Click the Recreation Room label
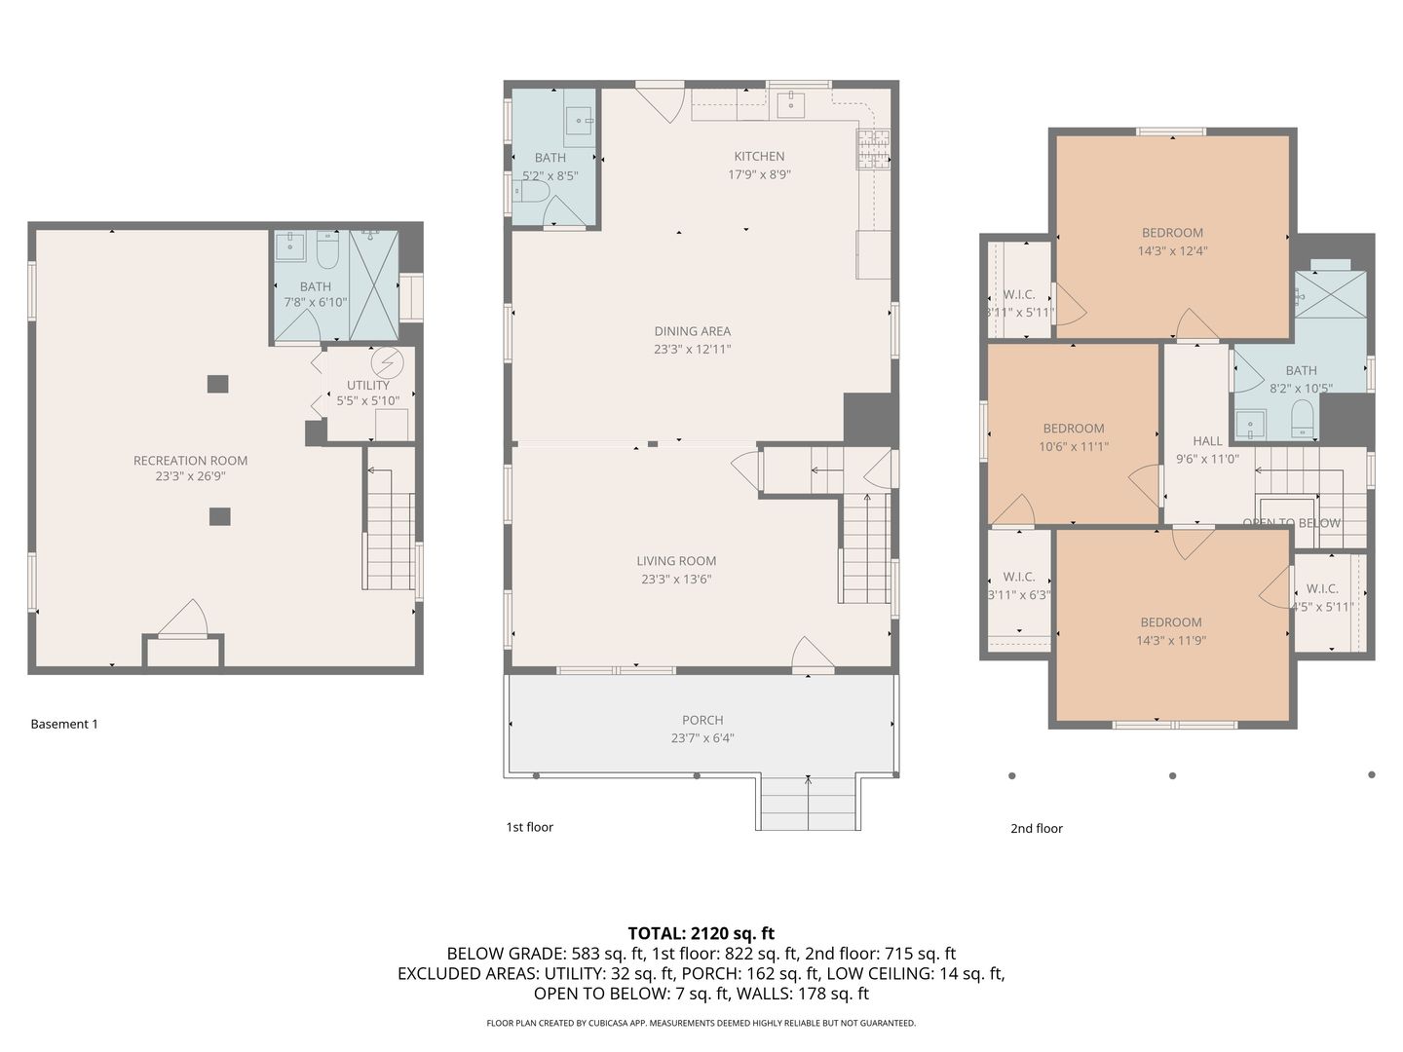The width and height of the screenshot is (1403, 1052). [x=190, y=461]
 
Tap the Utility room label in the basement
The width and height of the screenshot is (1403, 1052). [x=368, y=385]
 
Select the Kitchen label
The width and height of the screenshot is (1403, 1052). [x=759, y=157]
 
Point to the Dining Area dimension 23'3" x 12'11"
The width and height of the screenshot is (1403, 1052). [x=692, y=350]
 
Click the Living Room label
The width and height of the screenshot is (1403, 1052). [x=676, y=561]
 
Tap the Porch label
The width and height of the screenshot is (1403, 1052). [x=702, y=720]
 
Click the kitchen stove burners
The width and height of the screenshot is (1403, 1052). [x=873, y=149]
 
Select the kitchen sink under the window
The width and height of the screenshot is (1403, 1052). [x=791, y=104]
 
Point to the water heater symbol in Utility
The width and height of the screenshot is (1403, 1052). [x=388, y=362]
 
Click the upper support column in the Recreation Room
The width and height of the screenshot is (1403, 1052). [x=218, y=384]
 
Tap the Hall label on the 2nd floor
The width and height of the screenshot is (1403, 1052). [x=1207, y=440]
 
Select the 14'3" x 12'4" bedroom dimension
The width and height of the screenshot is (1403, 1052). [x=1172, y=251]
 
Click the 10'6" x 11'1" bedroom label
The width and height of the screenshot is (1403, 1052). [x=1074, y=429]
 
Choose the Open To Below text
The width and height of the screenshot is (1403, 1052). [x=1291, y=523]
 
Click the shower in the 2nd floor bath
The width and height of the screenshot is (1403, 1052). [x=1331, y=294]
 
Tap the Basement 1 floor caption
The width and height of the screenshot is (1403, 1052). [x=64, y=724]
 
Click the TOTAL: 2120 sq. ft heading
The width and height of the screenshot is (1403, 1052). [x=701, y=934]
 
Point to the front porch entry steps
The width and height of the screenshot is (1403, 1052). [x=808, y=803]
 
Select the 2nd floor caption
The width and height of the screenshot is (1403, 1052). [x=1036, y=828]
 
